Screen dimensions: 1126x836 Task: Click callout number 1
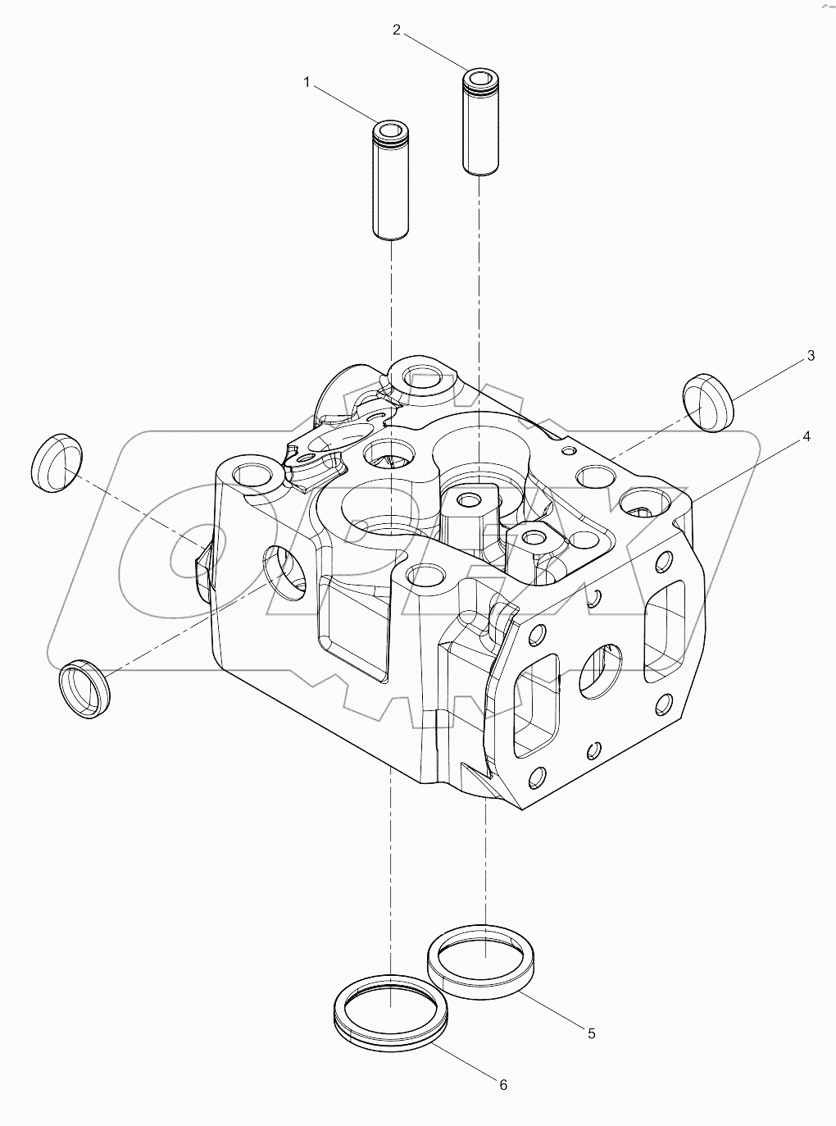[x=307, y=82]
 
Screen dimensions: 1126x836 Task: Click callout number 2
[x=397, y=30]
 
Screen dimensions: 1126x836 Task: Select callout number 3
[x=811, y=355]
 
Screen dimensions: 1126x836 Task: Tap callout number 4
[x=806, y=436]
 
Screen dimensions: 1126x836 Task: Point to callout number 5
[x=591, y=1033]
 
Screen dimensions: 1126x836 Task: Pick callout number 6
[x=503, y=1084]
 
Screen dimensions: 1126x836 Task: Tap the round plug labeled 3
[x=707, y=402]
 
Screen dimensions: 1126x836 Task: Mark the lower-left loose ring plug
[x=84, y=688]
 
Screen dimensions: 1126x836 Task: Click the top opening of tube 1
[x=390, y=130]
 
